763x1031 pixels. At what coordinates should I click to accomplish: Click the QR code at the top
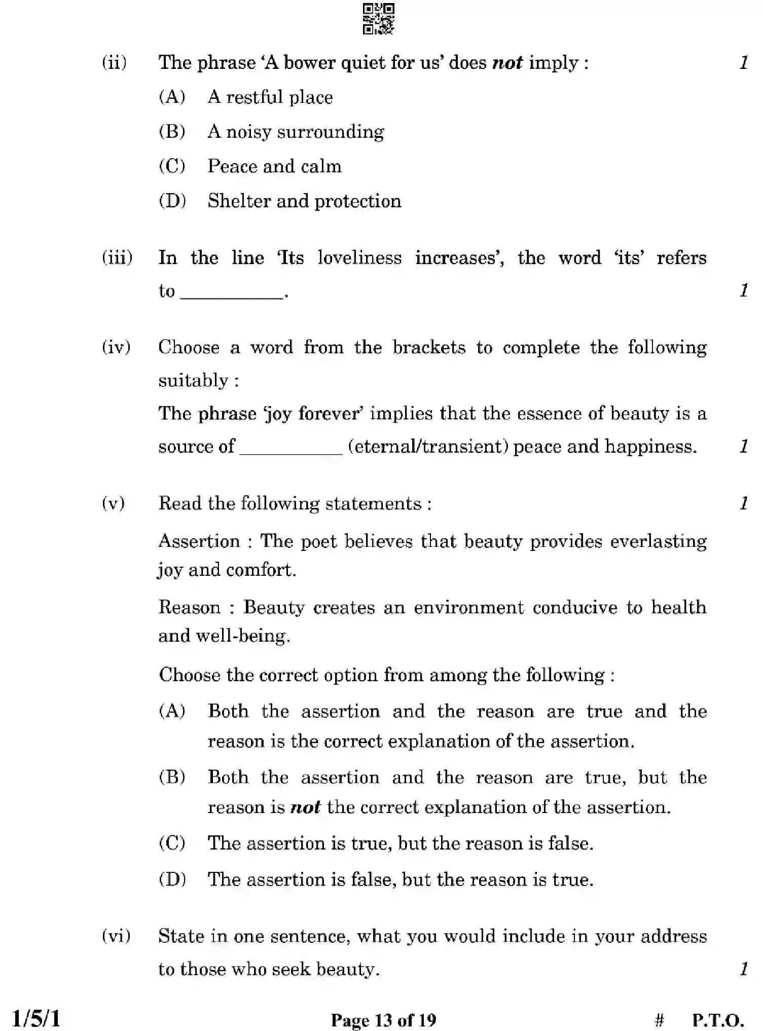click(x=378, y=19)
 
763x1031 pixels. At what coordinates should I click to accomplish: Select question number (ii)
click(x=114, y=62)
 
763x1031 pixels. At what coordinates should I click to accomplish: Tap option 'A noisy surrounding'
click(x=296, y=132)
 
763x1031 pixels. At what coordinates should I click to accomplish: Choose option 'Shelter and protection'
click(x=304, y=201)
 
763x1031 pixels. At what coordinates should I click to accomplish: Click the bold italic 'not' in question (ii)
click(x=507, y=62)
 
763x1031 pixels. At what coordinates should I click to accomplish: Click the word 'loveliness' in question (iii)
click(x=359, y=257)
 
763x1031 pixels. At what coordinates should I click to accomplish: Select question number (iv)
click(x=116, y=347)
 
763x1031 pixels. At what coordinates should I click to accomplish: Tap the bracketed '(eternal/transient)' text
click(x=428, y=446)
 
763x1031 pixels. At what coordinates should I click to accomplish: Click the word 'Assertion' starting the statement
click(x=199, y=541)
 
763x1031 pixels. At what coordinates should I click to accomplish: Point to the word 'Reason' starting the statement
click(x=189, y=607)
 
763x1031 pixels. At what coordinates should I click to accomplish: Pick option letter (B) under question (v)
click(x=172, y=777)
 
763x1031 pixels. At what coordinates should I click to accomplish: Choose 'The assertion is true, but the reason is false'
click(x=400, y=843)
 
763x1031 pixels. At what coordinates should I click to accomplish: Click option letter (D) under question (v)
click(x=172, y=879)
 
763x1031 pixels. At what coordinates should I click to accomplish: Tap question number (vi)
click(x=116, y=936)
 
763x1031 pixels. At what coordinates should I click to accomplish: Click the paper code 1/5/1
click(x=35, y=1018)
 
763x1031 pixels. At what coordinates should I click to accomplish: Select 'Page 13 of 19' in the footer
click(x=383, y=1019)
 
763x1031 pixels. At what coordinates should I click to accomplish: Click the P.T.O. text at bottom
click(x=718, y=1019)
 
